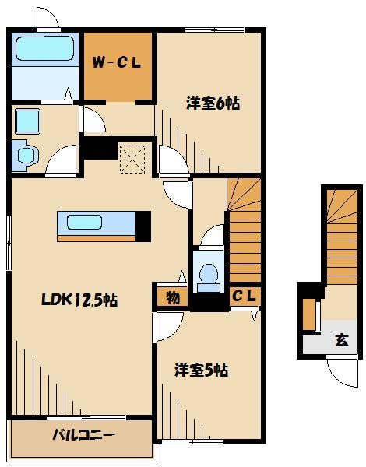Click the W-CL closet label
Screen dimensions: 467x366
point(118,64)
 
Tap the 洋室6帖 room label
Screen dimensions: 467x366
point(212,103)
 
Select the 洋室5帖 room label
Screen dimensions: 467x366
point(200,370)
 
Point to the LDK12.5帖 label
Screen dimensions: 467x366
point(79,299)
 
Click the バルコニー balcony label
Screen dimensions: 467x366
point(84,434)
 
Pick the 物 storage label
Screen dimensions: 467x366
point(171,297)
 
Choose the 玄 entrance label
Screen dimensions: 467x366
point(341,340)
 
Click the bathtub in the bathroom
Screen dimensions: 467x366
point(44,51)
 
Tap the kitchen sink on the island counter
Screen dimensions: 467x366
point(84,223)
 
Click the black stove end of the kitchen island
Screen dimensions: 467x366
point(143,223)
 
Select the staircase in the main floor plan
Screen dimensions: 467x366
point(245,230)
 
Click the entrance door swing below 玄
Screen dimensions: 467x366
point(341,369)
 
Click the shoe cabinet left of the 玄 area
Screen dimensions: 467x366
point(308,314)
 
